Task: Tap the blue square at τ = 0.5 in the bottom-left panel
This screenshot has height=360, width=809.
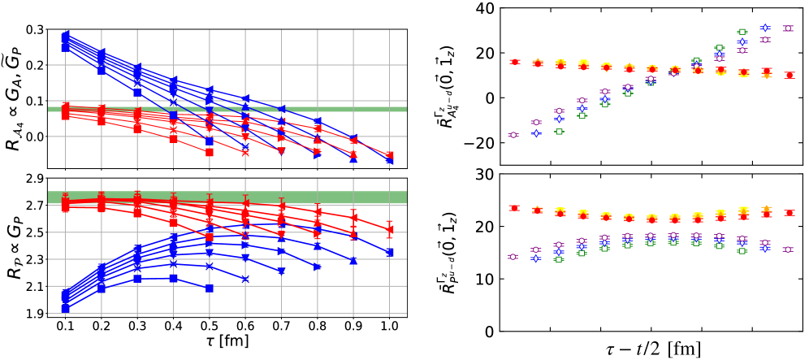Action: tap(210, 288)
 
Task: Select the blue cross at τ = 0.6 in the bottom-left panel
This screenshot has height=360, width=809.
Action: tap(245, 279)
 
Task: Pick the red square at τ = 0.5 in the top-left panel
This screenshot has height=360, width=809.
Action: tap(210, 152)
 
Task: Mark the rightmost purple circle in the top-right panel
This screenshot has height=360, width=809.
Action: tap(787, 28)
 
